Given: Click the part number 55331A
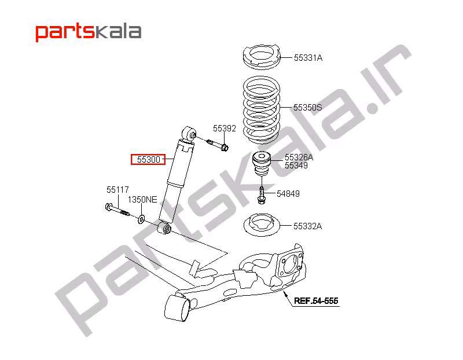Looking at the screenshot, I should pos(308,58).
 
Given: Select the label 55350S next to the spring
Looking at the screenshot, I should pos(307,108).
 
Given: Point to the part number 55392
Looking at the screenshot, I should pos(224,128).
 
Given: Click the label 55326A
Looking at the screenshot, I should pos(299,157).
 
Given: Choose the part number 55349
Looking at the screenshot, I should pos(296,166).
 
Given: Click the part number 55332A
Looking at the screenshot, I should pos(308,226).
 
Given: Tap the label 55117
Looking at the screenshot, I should pos(117,189).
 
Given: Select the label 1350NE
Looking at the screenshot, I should pos(142,200).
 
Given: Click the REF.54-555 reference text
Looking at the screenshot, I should pos(315,301).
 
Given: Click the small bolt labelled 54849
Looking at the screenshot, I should pos(262,195).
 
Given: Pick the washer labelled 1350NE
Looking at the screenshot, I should pos(141,218).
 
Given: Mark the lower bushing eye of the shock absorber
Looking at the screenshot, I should pos(166,229).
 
